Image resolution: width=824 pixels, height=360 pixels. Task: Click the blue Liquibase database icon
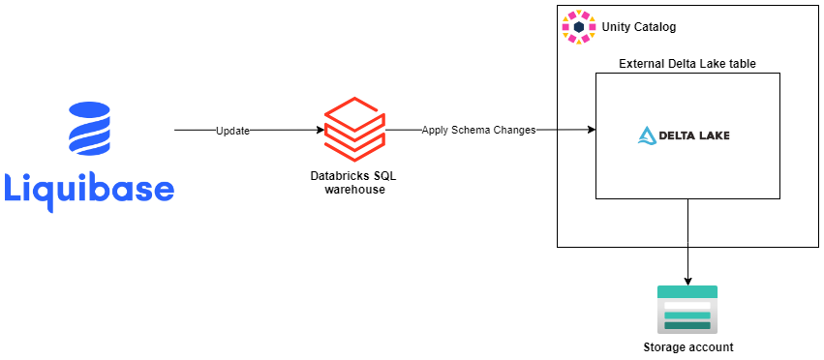90,130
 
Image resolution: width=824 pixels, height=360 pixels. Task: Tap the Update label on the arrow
232,131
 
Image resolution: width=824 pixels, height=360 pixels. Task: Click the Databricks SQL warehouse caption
354,182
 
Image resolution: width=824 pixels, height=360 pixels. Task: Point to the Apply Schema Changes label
478,130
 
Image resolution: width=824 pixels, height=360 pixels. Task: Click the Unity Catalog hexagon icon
580,27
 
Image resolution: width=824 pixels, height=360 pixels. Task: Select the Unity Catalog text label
639,26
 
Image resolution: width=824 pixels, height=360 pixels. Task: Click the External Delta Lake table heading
687,64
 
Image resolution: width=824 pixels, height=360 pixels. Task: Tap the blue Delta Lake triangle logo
648,135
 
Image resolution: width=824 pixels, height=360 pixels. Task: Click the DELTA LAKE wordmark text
697,135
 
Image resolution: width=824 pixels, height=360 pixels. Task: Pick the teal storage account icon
687,308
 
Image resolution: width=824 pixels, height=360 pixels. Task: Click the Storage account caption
687,347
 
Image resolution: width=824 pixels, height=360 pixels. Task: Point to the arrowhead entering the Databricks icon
319,130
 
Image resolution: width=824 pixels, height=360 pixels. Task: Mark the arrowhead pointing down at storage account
687,279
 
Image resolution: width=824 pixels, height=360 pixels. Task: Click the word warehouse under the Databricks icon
354,190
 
